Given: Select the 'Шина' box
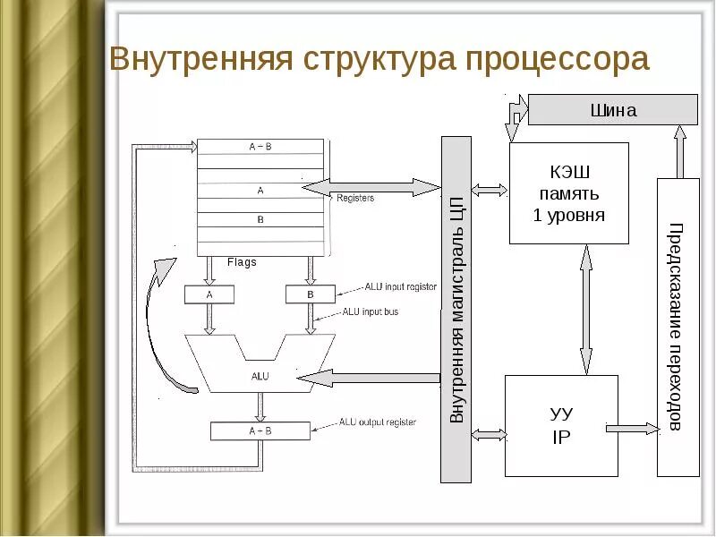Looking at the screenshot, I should pyautogui.click(x=613, y=110).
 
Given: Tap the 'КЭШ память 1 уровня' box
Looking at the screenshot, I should pyautogui.click(x=568, y=192).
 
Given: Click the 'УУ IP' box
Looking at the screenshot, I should pyautogui.click(x=561, y=425).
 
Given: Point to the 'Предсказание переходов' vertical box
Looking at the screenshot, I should pyautogui.click(x=678, y=327).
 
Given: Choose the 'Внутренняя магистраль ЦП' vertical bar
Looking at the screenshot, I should pyautogui.click(x=456, y=309).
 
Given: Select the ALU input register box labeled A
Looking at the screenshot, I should pyautogui.click(x=209, y=294).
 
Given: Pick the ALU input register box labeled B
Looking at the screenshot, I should pyautogui.click(x=311, y=294).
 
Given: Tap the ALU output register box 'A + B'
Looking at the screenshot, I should pyautogui.click(x=260, y=430).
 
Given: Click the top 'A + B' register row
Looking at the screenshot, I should pyautogui.click(x=260, y=146).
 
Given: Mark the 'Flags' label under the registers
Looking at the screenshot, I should pyautogui.click(x=242, y=262).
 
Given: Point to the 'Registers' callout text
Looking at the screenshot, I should pyautogui.click(x=355, y=198).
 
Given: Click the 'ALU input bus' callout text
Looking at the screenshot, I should pyautogui.click(x=371, y=312).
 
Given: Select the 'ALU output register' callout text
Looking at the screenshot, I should pyautogui.click(x=378, y=422).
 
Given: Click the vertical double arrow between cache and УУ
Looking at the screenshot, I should pyautogui.click(x=585, y=309).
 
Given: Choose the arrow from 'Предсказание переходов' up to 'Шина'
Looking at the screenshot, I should pyautogui.click(x=679, y=152).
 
